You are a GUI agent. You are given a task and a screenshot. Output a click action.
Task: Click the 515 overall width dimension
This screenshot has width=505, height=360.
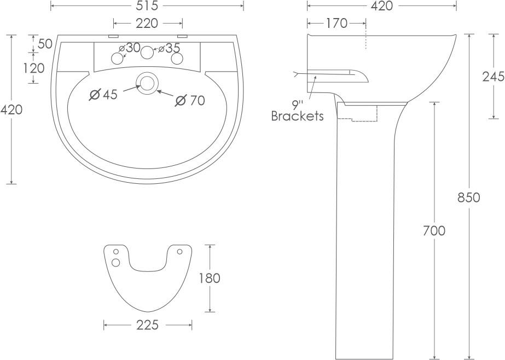click(x=147, y=6)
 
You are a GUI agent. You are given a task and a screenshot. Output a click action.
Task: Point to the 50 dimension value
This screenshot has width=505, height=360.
click(x=45, y=44)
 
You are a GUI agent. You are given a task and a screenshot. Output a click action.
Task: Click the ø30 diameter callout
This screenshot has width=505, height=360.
click(x=129, y=48)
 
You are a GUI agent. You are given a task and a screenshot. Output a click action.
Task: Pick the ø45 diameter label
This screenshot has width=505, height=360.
click(x=103, y=95)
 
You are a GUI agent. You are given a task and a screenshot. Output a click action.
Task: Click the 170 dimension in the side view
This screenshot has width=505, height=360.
click(x=336, y=23)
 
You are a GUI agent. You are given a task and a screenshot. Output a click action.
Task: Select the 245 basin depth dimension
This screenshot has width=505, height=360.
click(x=493, y=77)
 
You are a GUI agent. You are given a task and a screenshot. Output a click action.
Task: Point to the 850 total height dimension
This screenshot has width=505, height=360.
click(x=468, y=198)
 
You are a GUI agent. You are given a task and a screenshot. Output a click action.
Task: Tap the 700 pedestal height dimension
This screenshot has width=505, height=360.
click(x=434, y=231)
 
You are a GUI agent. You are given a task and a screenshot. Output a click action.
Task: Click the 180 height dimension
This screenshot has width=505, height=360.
click(x=209, y=278)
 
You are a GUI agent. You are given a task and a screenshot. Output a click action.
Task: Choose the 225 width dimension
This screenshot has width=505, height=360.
click(x=147, y=325)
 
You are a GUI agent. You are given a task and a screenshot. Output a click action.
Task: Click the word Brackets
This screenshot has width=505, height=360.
click(x=298, y=116)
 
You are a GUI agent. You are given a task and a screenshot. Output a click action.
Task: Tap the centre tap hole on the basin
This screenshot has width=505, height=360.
click(x=147, y=53)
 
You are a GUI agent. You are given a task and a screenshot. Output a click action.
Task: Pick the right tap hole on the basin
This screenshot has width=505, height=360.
click(x=176, y=58)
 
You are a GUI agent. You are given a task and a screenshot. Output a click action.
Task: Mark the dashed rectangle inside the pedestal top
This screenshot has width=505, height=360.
click(x=358, y=112)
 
